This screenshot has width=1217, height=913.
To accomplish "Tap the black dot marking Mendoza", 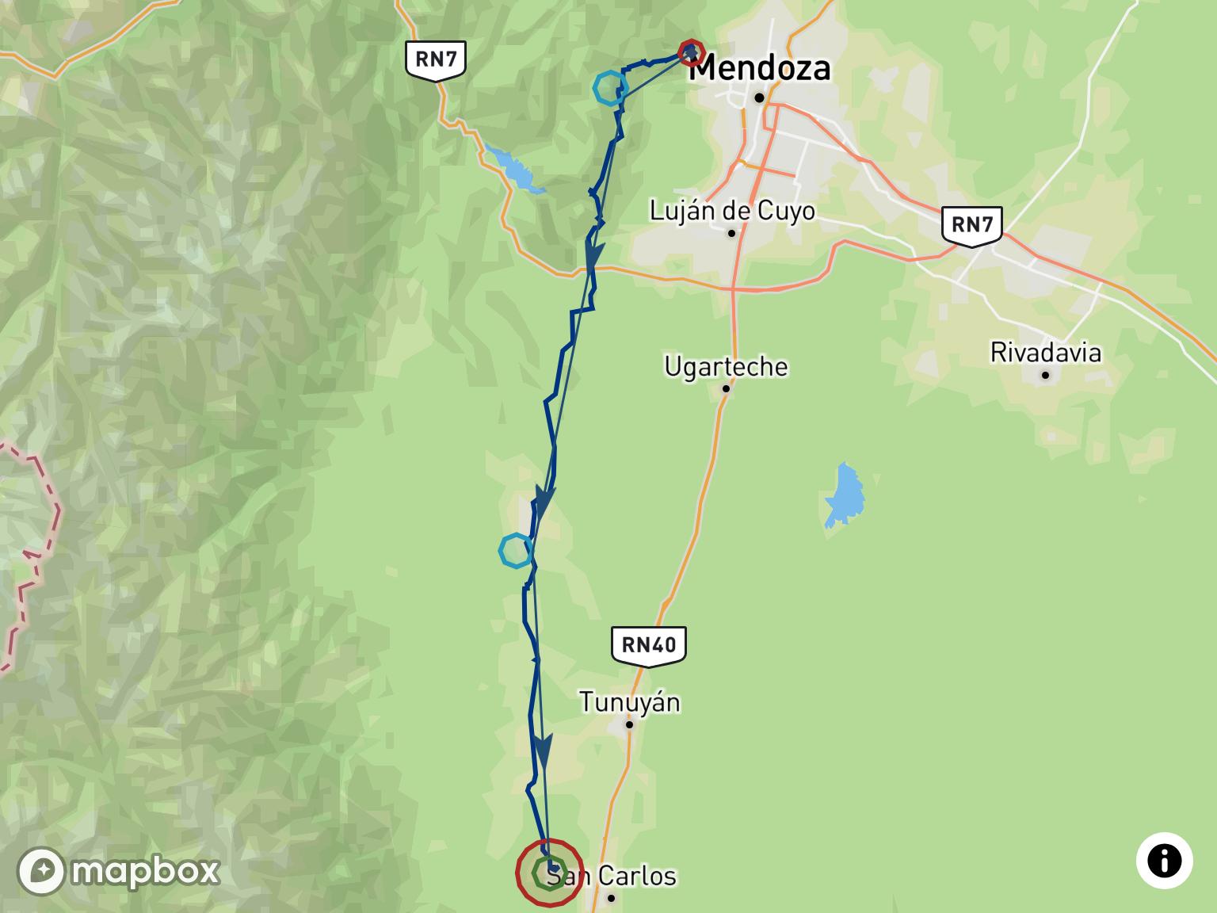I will [x=759, y=97].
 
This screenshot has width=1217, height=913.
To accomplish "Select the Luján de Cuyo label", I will [x=732, y=211].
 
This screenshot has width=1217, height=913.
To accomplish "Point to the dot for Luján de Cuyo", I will [x=732, y=233].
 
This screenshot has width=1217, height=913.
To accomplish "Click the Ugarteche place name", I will [x=727, y=366].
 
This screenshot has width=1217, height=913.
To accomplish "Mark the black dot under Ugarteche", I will [x=726, y=388].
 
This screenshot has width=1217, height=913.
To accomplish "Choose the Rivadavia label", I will [x=1046, y=352].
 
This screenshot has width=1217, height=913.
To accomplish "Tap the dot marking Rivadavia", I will [x=1046, y=374].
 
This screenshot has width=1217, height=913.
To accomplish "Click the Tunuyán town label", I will [x=630, y=702].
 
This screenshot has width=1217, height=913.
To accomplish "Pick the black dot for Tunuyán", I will [x=630, y=724].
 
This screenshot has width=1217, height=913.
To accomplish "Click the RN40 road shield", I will [x=649, y=644].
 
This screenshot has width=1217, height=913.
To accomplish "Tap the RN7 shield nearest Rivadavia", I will [x=972, y=224].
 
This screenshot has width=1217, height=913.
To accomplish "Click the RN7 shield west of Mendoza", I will [x=435, y=59].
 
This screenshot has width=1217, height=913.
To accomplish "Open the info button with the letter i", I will [x=1164, y=861].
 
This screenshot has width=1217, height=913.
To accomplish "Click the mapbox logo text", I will [x=145, y=871].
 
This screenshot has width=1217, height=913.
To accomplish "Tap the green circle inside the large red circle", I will [x=549, y=873].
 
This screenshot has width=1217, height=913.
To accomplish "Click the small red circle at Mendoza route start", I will [x=692, y=52].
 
